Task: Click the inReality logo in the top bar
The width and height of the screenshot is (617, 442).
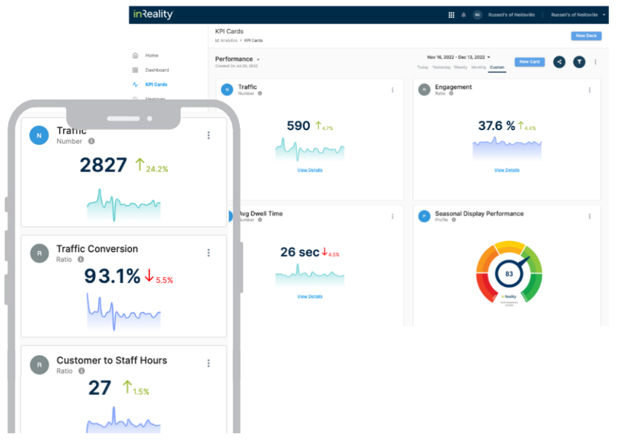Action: (x=152, y=15)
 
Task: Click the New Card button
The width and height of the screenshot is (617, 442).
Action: (x=529, y=62)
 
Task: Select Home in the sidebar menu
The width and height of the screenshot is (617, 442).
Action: (x=151, y=56)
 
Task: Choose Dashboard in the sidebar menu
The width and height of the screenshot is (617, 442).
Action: (x=157, y=70)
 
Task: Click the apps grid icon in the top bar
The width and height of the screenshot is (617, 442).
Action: (x=451, y=15)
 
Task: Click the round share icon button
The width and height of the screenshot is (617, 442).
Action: (x=559, y=62)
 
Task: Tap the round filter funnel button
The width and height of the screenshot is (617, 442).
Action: (x=579, y=62)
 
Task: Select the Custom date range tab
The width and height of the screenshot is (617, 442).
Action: (x=497, y=68)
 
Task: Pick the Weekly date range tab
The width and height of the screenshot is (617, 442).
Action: (x=461, y=68)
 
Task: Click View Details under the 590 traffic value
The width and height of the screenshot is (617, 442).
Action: (x=310, y=170)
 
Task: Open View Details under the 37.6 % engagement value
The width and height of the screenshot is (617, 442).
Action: (x=507, y=170)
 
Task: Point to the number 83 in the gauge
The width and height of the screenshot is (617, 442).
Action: (x=509, y=274)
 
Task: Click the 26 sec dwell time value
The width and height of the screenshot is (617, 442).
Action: (x=299, y=252)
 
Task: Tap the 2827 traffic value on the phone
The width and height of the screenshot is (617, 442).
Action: (x=103, y=165)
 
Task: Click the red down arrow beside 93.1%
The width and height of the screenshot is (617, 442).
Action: (x=149, y=276)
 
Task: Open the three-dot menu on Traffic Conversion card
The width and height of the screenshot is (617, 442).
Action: (x=208, y=253)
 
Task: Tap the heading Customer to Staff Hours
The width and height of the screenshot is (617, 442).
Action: (x=111, y=360)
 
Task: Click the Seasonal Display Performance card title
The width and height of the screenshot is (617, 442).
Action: (x=479, y=214)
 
